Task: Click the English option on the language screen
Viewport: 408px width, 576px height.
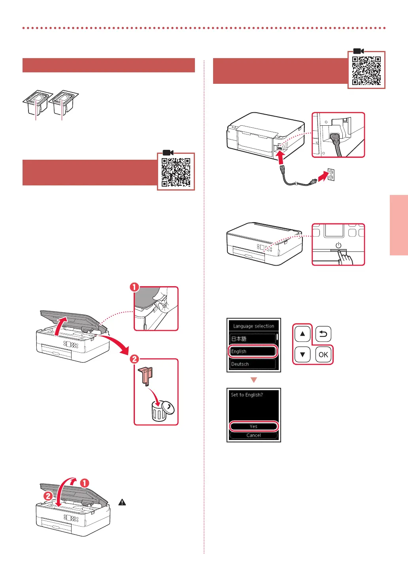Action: (x=253, y=351)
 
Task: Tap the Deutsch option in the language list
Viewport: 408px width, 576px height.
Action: (x=253, y=364)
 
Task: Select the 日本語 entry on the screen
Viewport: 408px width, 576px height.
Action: (x=253, y=338)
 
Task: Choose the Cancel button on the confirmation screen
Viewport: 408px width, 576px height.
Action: (x=253, y=435)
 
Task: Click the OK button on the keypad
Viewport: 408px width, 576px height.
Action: (x=323, y=355)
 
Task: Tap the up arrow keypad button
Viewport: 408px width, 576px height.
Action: (x=302, y=334)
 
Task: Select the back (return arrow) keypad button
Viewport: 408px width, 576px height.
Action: (x=323, y=334)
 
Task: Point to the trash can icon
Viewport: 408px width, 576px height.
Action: (x=160, y=411)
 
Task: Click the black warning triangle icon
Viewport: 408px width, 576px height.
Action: (x=122, y=502)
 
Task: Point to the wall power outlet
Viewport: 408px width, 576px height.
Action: (x=331, y=174)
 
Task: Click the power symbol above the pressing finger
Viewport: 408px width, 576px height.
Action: (x=338, y=245)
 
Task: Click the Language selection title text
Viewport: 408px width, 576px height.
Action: (x=253, y=326)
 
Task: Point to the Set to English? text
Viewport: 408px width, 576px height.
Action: (x=247, y=395)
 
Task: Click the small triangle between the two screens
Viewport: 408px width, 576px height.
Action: (x=254, y=380)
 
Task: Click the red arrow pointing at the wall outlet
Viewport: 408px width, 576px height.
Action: (x=323, y=176)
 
